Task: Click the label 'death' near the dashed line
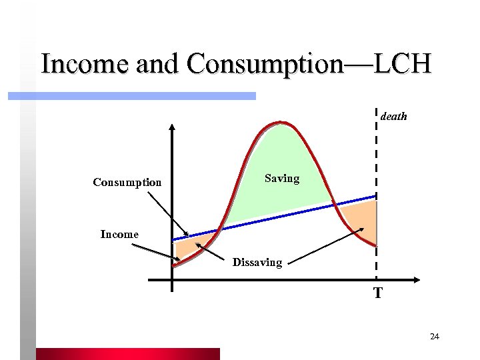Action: (393, 117)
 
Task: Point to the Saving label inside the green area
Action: (282, 179)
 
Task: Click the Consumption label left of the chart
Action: (127, 182)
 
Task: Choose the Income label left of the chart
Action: (119, 234)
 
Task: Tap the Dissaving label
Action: (257, 263)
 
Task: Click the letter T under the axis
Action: (378, 293)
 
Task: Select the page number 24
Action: (435, 337)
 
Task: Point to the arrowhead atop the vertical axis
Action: (172, 129)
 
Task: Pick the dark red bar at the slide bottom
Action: (127, 353)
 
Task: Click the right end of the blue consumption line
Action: (375, 196)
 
